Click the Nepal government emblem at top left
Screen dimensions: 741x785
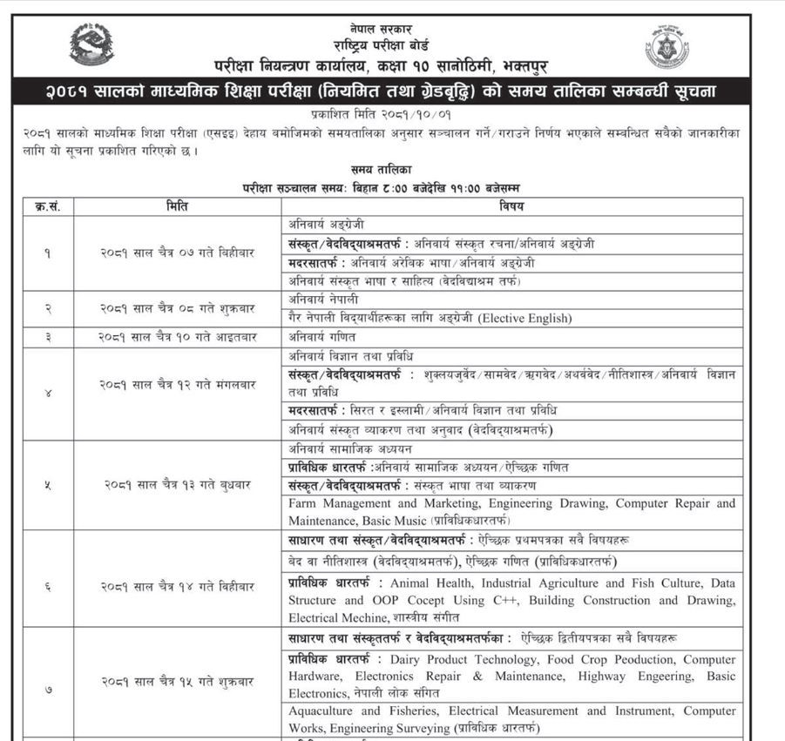[91, 44]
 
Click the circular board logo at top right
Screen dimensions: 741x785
[667, 49]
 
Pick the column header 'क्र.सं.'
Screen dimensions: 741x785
[47, 207]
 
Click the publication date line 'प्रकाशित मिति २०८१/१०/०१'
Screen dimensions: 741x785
[382, 114]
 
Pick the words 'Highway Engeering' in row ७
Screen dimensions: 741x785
[641, 677]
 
